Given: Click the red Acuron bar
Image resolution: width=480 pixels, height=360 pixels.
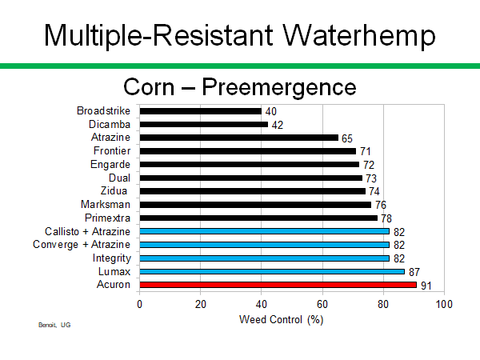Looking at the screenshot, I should tap(278, 285).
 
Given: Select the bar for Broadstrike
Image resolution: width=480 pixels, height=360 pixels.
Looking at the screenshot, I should tap(200, 110).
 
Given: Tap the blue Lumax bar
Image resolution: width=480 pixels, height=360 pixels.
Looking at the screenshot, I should tap(272, 271).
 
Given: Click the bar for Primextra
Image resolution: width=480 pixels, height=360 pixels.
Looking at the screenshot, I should tap(258, 218).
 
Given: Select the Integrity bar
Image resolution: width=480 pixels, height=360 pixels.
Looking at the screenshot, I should tap(264, 258).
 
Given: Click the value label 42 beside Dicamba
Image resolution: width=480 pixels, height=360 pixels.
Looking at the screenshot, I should tap(277, 125).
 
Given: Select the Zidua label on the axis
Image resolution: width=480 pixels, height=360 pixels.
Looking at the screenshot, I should tap(116, 190).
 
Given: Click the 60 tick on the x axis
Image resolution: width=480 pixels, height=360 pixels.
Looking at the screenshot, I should tap(322, 304).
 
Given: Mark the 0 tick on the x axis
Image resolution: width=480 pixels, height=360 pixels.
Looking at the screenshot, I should tap(140, 304).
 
